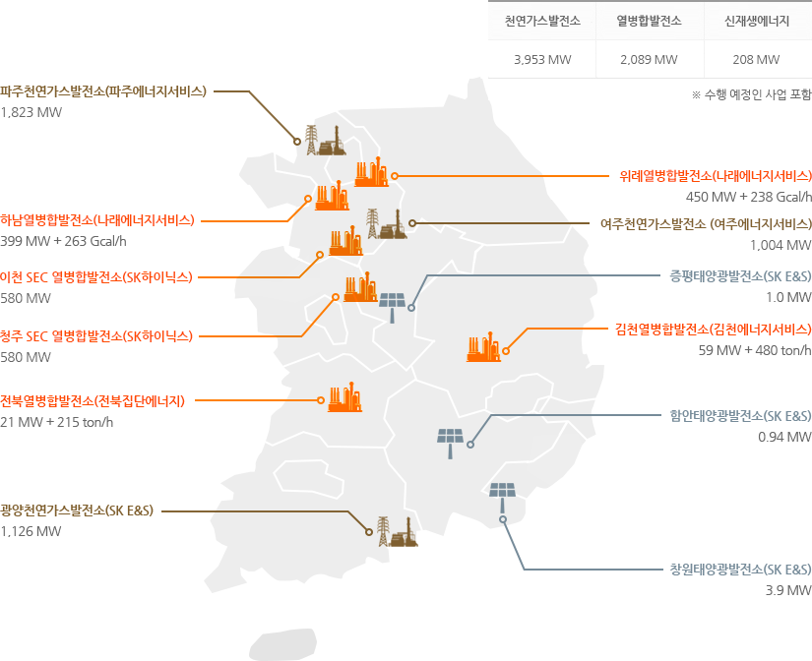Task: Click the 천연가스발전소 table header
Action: tap(542, 20)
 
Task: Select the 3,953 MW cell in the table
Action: tap(542, 59)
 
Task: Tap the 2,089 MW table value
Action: tap(649, 59)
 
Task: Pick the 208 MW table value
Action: tap(756, 59)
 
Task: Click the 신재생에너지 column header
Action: tap(756, 20)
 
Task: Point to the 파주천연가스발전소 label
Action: tap(103, 90)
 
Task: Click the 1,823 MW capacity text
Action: tap(31, 112)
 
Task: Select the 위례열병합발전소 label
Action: tap(716, 176)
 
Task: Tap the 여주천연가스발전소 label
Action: tap(706, 223)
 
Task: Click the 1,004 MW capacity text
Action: tap(781, 245)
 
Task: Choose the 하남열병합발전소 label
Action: tap(97, 219)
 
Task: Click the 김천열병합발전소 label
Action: tap(716, 328)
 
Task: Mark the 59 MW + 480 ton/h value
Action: tap(755, 349)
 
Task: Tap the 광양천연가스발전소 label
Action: tap(77, 511)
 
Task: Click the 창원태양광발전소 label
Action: tap(740, 570)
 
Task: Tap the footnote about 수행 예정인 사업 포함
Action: tap(752, 95)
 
